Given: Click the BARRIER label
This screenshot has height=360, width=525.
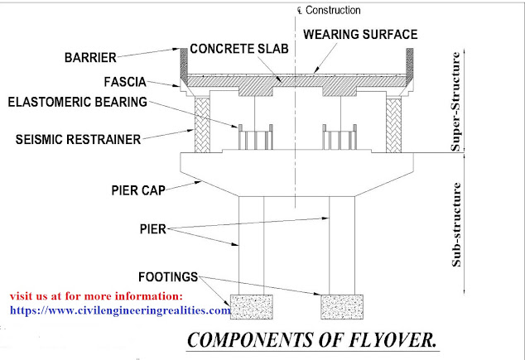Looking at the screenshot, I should tap(92, 58).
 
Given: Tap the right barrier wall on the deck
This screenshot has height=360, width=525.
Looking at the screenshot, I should tap(408, 60).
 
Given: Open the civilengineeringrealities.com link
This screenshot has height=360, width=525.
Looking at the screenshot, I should tap(120, 310).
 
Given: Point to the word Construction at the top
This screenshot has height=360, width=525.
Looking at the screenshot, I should tap(332, 11).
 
